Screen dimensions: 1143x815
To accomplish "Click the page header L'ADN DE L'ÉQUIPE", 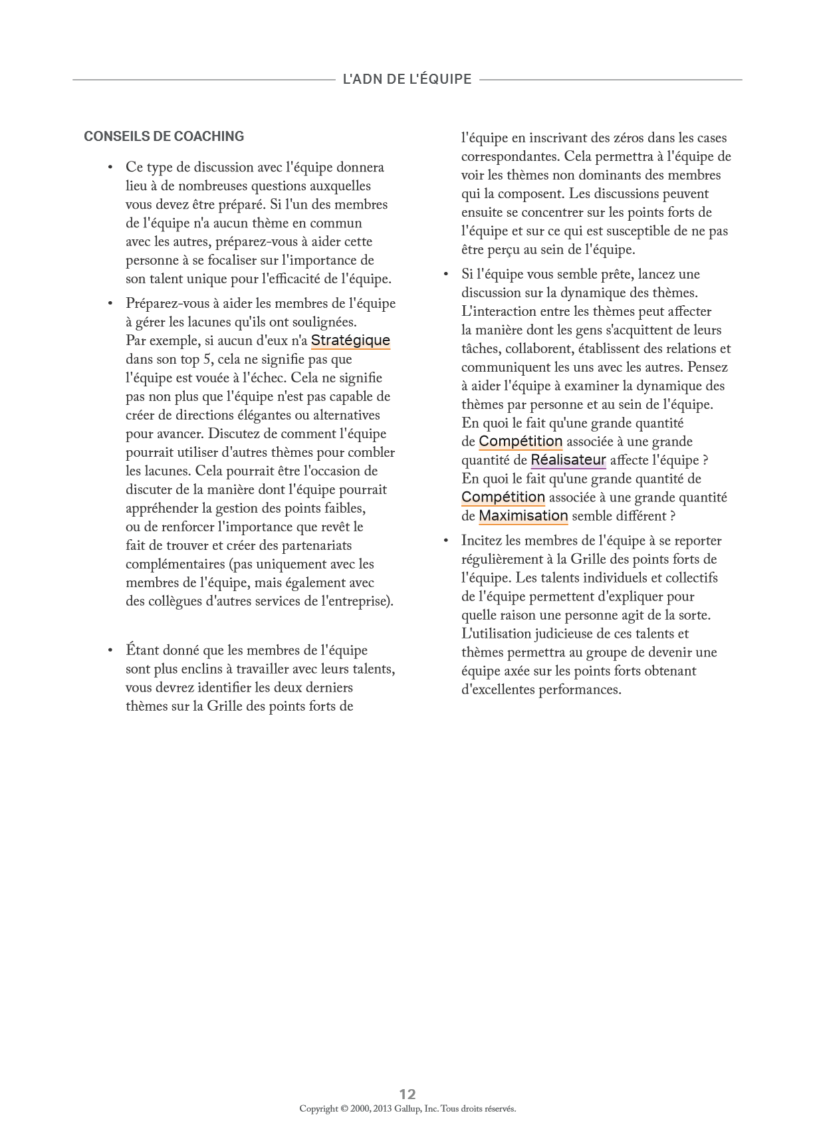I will pyautogui.click(x=407, y=80).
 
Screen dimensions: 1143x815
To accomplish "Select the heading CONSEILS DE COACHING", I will pyautogui.click(x=164, y=136).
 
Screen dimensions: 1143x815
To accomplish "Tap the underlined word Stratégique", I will pyautogui.click(x=350, y=340).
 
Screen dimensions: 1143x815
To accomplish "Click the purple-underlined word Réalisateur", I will pyautogui.click(x=568, y=459).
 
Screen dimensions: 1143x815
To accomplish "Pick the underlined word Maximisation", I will pyautogui.click(x=523, y=515).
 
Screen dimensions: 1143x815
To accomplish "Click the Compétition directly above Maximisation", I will pyautogui.click(x=503, y=497).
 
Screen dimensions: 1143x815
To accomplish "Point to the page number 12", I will pyautogui.click(x=407, y=1094).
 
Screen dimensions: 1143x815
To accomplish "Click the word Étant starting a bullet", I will pyautogui.click(x=144, y=650).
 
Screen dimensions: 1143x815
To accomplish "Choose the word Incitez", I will pyautogui.click(x=483, y=541).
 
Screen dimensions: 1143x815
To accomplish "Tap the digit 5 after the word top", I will pyautogui.click(x=206, y=359).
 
